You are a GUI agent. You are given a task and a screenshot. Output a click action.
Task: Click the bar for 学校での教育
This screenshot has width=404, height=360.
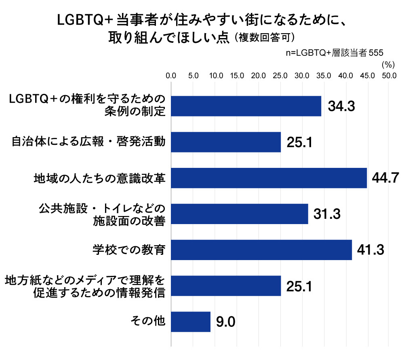coord(261,250)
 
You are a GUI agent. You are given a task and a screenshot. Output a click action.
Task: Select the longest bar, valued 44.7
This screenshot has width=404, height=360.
coord(269,178)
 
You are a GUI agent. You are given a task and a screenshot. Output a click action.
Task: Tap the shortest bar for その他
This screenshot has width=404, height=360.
coord(191,322)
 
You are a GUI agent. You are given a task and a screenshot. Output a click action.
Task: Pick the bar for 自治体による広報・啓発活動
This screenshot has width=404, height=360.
coord(226,142)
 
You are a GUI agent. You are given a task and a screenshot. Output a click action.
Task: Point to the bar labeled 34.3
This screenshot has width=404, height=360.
coord(246,106)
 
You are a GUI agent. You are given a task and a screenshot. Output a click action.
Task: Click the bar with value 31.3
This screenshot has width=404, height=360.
coord(240,214)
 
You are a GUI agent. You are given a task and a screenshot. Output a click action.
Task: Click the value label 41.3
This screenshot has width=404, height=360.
coord(370,250)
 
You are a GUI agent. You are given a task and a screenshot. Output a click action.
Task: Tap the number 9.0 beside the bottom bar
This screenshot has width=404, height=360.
coord(225,322)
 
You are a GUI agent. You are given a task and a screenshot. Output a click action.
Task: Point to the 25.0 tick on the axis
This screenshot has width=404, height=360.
coord(280,76)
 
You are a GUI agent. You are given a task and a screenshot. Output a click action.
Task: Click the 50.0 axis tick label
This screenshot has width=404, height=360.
coord(389,76)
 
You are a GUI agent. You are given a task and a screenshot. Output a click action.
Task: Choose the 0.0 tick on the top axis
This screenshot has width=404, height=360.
coord(171,76)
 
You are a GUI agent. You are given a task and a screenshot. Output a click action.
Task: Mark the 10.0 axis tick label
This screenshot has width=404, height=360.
coord(215,76)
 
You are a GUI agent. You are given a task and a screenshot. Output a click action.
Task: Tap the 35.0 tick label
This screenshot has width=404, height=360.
coord(324,76)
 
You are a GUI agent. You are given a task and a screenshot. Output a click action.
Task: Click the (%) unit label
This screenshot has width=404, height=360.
coord(387,64)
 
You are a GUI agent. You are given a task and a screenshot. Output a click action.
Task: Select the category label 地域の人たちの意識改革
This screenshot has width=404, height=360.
coord(99,178)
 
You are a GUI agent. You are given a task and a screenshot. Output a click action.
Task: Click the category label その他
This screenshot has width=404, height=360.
coord(148,322)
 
